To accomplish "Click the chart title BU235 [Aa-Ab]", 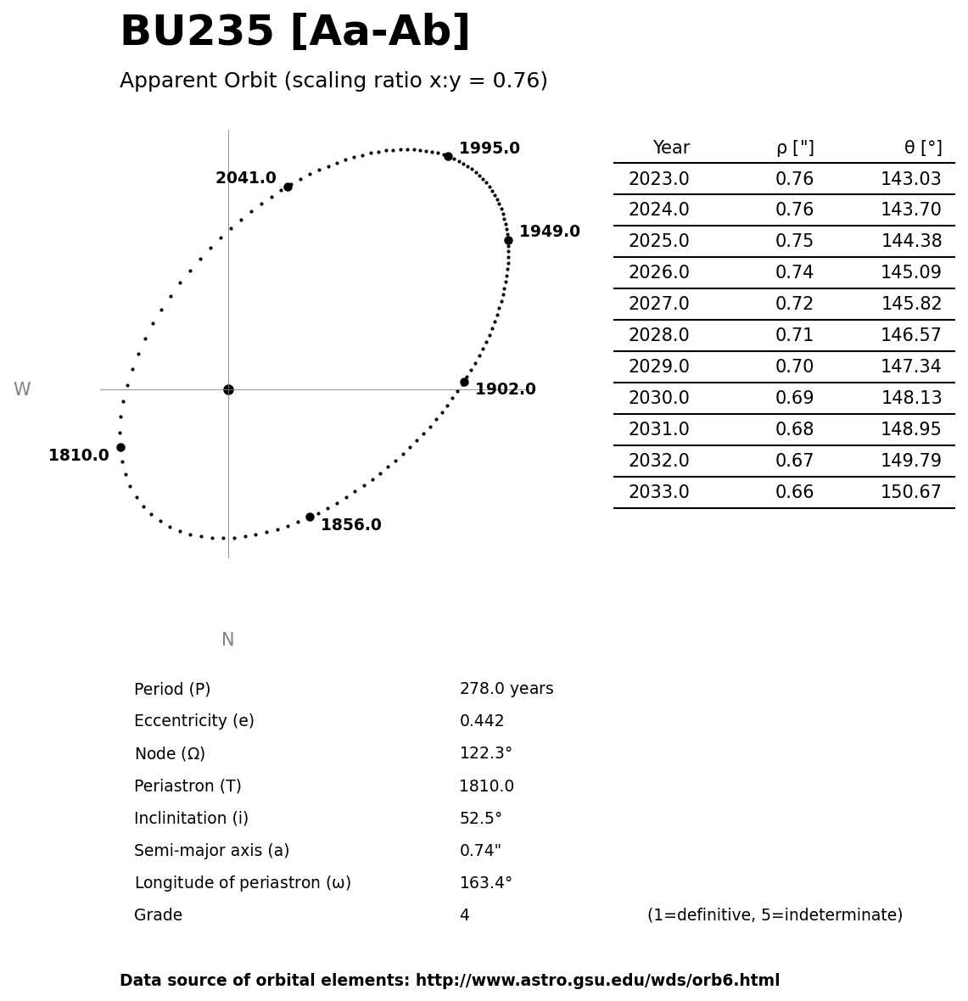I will click(294, 32).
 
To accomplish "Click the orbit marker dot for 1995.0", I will click(448, 156).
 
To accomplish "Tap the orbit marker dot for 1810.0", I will click(120, 447).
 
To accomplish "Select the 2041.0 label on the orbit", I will click(245, 178).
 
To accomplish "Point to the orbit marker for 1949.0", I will click(508, 240).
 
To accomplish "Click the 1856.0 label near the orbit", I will click(350, 525).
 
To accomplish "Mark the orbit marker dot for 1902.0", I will click(464, 382).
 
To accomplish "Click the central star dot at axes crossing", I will click(228, 389).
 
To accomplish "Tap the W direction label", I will click(22, 389).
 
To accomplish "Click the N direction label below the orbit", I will click(227, 640).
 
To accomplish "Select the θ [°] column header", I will click(922, 148).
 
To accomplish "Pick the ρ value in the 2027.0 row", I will click(794, 304).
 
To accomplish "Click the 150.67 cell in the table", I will click(910, 492).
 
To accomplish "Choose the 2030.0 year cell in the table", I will click(658, 398).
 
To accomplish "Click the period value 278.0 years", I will click(506, 689).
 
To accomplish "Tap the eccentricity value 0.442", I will click(481, 721).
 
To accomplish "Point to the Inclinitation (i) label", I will click(191, 819).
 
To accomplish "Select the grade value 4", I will click(464, 915).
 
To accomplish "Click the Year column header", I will click(671, 148).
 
